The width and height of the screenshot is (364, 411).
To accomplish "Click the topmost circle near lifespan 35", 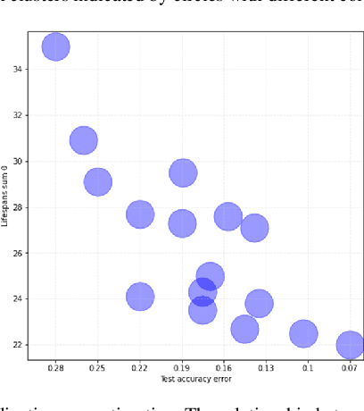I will click(x=56, y=46).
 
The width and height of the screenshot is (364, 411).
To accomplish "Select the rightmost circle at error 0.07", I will click(x=350, y=344).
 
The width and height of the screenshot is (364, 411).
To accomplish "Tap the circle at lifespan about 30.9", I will click(x=83, y=140).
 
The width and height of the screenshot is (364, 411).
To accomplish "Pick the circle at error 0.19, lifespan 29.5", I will click(x=183, y=172).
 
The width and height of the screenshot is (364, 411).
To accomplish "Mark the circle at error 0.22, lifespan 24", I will click(x=139, y=298).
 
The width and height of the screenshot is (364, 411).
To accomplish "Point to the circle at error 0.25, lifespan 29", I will click(x=98, y=181).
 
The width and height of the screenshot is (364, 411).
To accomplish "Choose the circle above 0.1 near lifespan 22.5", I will click(x=303, y=333).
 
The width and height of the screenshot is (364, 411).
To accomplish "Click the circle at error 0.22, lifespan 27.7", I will click(x=140, y=214).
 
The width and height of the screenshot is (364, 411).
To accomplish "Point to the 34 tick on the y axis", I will click(x=19, y=70).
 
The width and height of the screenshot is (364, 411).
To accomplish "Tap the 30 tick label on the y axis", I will click(x=19, y=161).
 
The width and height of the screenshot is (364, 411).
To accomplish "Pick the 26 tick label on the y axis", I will click(x=19, y=253).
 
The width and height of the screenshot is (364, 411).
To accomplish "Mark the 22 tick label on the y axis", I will click(x=19, y=344).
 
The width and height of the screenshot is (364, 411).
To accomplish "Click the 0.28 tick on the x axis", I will click(x=56, y=368).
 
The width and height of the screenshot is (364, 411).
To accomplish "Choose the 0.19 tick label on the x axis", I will click(x=182, y=368).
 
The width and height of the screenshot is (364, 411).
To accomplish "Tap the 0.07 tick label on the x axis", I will click(x=350, y=368).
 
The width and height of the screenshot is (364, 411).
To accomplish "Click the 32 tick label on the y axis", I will click(x=19, y=115).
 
